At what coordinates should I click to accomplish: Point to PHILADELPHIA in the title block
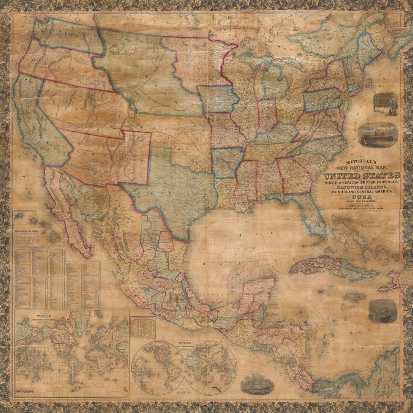click(x=362, y=205)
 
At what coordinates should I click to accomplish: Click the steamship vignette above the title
click(x=377, y=135)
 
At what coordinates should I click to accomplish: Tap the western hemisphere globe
click(x=157, y=367)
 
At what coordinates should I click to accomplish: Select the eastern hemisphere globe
click(x=211, y=367)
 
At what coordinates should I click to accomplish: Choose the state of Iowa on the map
click(x=218, y=99)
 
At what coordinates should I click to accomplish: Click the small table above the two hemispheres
click(x=143, y=327)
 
